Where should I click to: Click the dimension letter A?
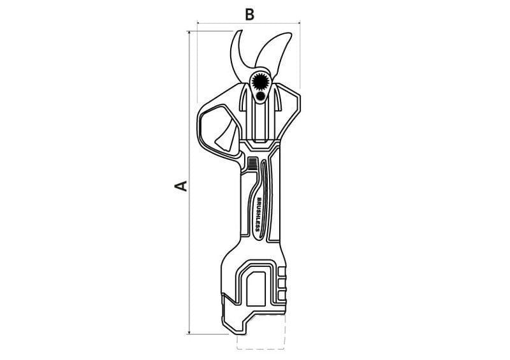tap(181, 185)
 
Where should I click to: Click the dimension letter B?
tap(249, 15)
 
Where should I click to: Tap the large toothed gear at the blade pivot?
tap(260, 80)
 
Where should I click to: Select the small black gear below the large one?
tap(261, 96)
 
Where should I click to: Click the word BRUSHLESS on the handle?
tap(259, 215)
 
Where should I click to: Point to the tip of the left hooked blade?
tap(242, 31)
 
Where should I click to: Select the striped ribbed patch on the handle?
tap(252, 162)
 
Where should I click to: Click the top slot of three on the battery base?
tap(282, 272)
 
